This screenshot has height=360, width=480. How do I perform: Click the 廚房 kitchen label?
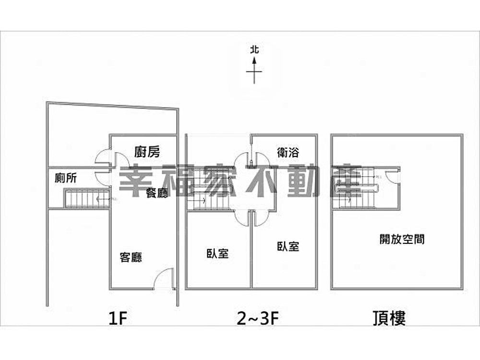click(147, 152)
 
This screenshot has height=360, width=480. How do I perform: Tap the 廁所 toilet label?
click(66, 179)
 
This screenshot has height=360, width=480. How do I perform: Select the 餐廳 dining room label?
click(157, 193)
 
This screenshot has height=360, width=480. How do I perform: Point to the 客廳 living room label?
click(131, 257)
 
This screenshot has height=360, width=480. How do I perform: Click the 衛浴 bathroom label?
click(288, 153)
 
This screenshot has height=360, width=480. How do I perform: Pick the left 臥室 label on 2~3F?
click(217, 253)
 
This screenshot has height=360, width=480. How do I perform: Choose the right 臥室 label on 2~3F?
click(288, 246)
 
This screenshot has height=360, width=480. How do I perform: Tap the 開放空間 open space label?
click(402, 239)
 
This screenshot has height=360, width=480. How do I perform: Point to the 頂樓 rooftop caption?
click(389, 318)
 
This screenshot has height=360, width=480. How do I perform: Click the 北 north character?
click(254, 49)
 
